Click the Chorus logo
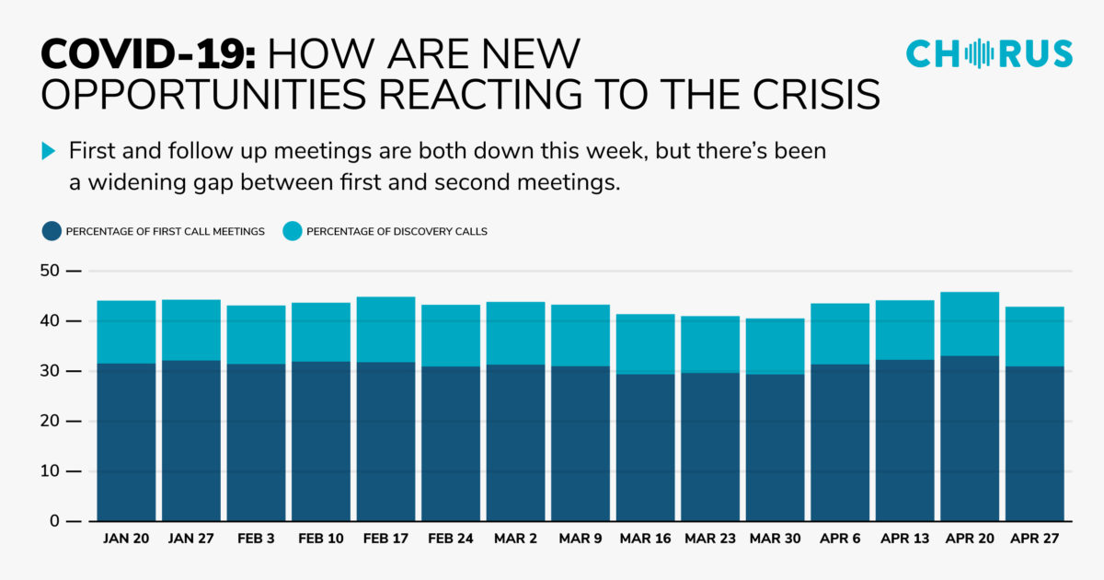point(989,53)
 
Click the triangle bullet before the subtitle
point(50,151)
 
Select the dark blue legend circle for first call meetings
point(52,231)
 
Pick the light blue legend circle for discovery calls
point(293,231)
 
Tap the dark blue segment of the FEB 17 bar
point(385,442)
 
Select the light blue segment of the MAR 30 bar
point(775,346)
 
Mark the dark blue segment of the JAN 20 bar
point(125,442)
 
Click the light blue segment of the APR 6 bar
point(840,333)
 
